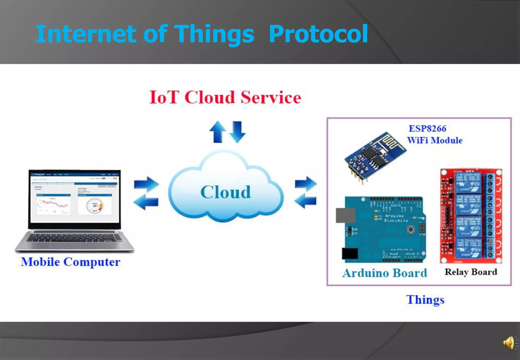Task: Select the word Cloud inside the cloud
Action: coord(225,192)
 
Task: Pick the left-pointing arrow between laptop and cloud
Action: coord(146,202)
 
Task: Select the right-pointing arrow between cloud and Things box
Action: coord(306,184)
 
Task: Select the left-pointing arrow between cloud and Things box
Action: coord(305,201)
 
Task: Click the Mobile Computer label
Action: coord(71,262)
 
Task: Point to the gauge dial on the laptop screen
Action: coord(95,205)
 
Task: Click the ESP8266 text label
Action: coord(427,128)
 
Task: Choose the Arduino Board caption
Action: coord(385,273)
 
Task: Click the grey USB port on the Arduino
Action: coord(345,215)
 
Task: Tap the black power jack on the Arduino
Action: coord(350,253)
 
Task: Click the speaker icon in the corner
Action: coord(509,343)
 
